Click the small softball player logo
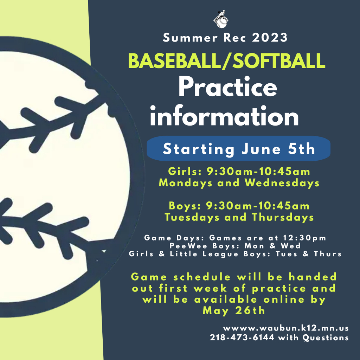coord(221,19)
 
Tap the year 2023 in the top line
coord(270,38)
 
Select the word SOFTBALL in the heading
coord(278,61)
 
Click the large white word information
coord(224,116)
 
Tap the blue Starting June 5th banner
coord(238,148)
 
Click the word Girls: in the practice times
coord(185,172)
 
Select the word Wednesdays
coord(282,183)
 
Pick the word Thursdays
coord(283,217)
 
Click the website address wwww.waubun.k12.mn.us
coord(286,328)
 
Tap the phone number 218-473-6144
coord(242,337)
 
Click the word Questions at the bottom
coord(325,338)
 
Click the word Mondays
coord(185,183)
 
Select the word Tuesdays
coord(192,217)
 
